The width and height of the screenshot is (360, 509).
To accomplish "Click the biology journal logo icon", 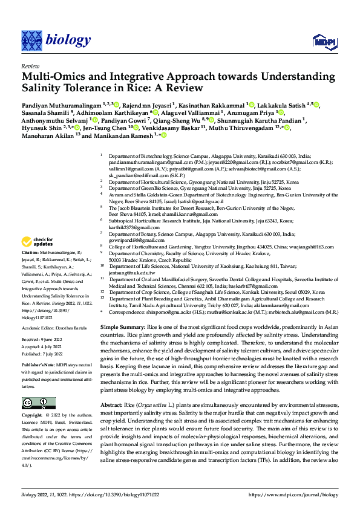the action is pyautogui.click(x=31, y=40).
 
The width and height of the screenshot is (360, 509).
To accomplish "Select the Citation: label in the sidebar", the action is pyautogui.click(x=31, y=251).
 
